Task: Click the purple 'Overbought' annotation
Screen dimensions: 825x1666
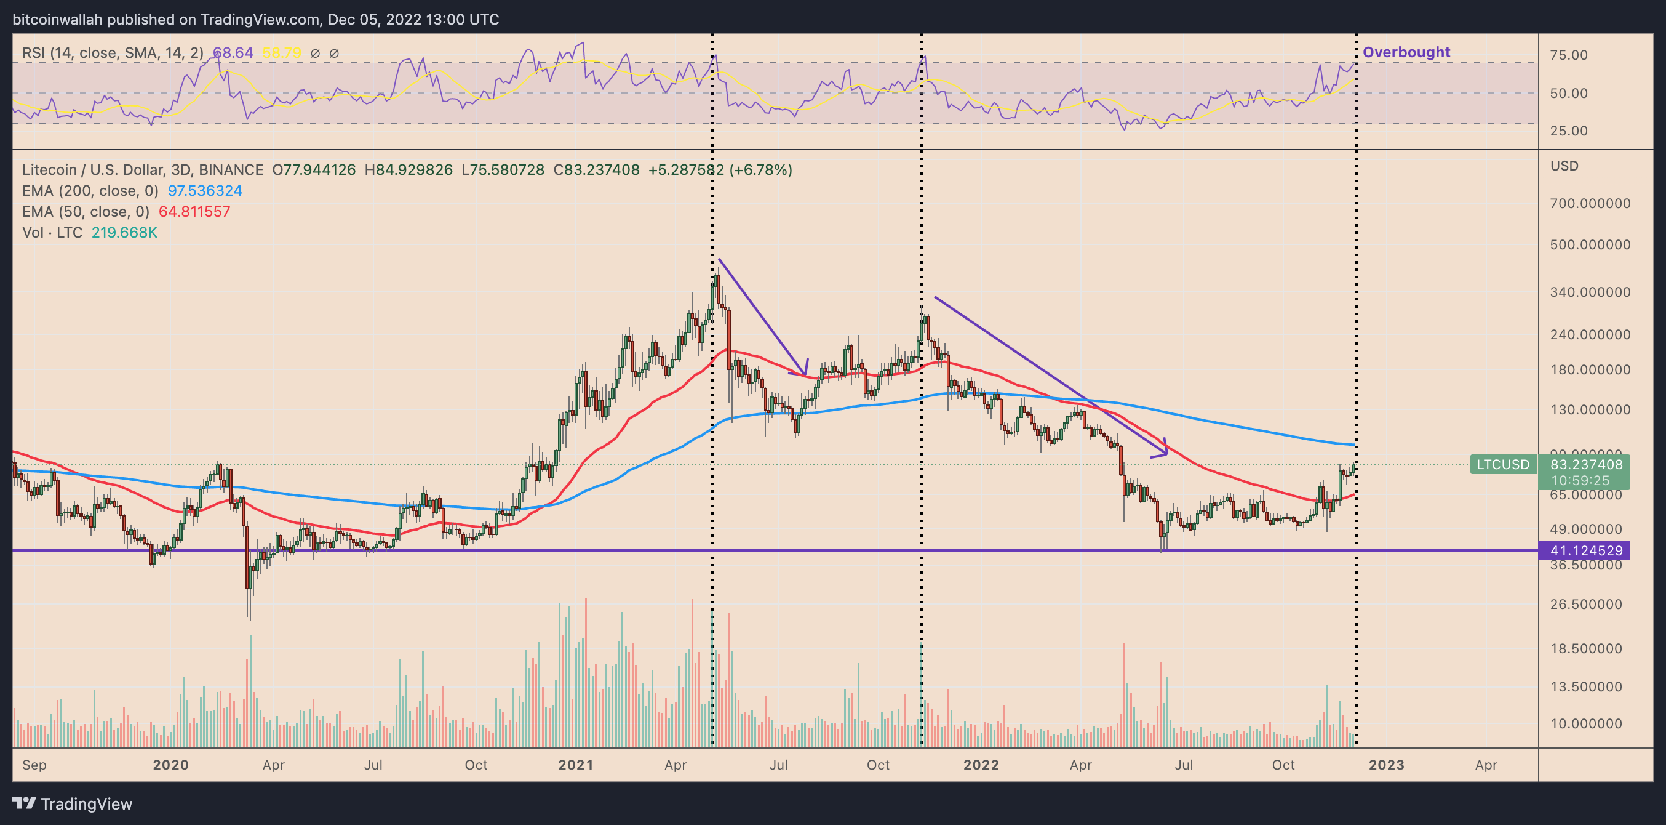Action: click(x=1406, y=52)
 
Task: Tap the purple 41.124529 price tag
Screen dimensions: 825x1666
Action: click(x=1586, y=550)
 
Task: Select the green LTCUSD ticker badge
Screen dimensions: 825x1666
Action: click(x=1502, y=465)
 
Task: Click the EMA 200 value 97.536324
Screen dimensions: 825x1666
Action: click(x=205, y=191)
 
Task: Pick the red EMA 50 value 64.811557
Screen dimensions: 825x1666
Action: click(x=194, y=212)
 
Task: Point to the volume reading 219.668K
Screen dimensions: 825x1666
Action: click(x=124, y=232)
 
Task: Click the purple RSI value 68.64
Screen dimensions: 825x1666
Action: click(x=233, y=52)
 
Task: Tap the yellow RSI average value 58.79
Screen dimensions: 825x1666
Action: click(x=281, y=52)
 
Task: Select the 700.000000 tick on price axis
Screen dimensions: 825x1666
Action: click(x=1590, y=203)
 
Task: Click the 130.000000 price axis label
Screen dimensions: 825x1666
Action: click(x=1590, y=409)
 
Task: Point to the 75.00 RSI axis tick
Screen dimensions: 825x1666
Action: click(x=1568, y=55)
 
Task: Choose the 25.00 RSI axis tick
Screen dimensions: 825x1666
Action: click(x=1568, y=131)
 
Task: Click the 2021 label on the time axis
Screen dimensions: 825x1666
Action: click(x=576, y=765)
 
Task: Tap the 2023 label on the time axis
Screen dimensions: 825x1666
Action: click(x=1386, y=765)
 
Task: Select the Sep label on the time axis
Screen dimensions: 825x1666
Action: click(x=34, y=765)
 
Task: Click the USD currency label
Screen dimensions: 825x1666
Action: click(x=1564, y=166)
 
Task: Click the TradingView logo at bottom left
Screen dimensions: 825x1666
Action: click(x=72, y=803)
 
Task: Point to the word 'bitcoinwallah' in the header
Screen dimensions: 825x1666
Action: click(x=58, y=20)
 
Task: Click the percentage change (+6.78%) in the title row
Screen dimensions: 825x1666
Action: click(x=760, y=169)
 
